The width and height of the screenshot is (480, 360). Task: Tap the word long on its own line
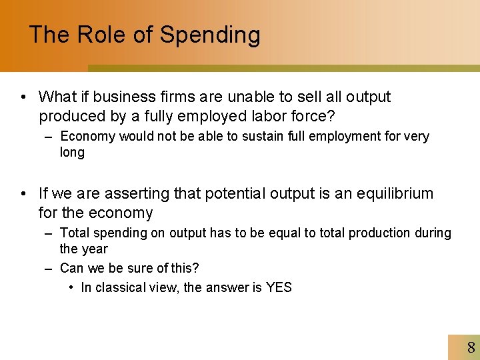pos(72,153)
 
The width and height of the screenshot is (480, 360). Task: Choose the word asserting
pos(133,194)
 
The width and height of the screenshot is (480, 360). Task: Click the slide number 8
pos(471,347)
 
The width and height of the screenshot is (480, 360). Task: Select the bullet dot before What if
pos(23,97)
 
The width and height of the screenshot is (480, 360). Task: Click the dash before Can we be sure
pos(49,269)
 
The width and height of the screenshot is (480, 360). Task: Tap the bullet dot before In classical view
pos(71,287)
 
